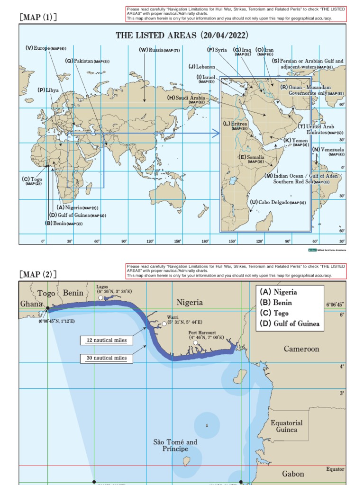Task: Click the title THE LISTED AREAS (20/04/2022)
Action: coord(182,36)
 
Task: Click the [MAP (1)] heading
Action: coord(38,18)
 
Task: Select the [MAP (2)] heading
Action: coord(38,274)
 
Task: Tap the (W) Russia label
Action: coord(159,50)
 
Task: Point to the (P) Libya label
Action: coord(48,90)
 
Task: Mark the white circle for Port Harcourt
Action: coord(196,343)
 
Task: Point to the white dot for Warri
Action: coord(164,323)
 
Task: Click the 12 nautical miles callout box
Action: coord(107,340)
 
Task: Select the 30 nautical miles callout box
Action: coord(107,358)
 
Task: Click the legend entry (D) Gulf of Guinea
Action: coord(290,324)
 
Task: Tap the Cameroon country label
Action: coord(301,349)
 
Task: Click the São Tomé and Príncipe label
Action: coord(175,445)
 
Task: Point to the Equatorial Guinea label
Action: coord(287,426)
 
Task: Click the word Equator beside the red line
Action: coord(335,469)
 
